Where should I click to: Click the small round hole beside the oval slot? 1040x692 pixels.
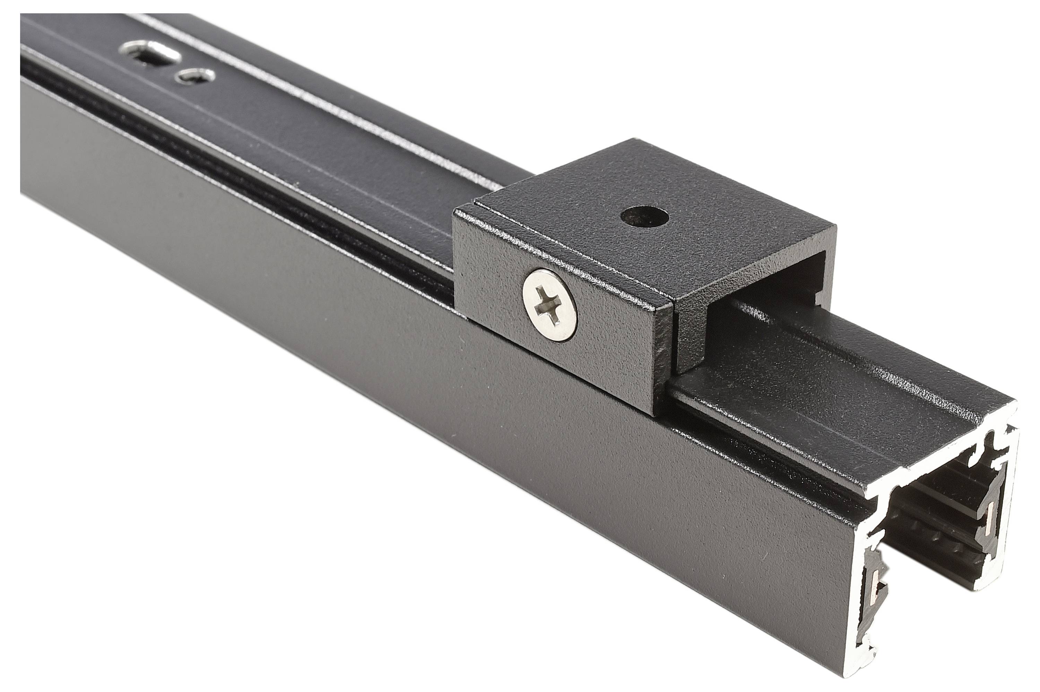194,76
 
